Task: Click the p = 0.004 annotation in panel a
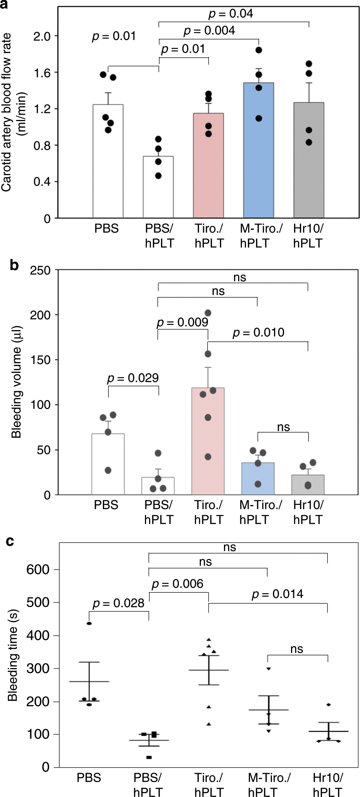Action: tap(209, 30)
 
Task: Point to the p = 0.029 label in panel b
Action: tap(133, 378)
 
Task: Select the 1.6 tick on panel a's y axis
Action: tap(42, 73)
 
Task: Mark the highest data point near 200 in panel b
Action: tap(208, 313)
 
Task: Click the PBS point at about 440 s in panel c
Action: tap(89, 623)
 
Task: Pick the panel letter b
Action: tap(14, 265)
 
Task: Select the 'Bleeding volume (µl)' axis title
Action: tap(16, 382)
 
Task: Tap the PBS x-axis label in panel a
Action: tap(106, 228)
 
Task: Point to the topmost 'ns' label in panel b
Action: tap(240, 277)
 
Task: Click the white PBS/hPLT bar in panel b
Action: tap(158, 486)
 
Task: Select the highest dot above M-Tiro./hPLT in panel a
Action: tap(259, 50)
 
